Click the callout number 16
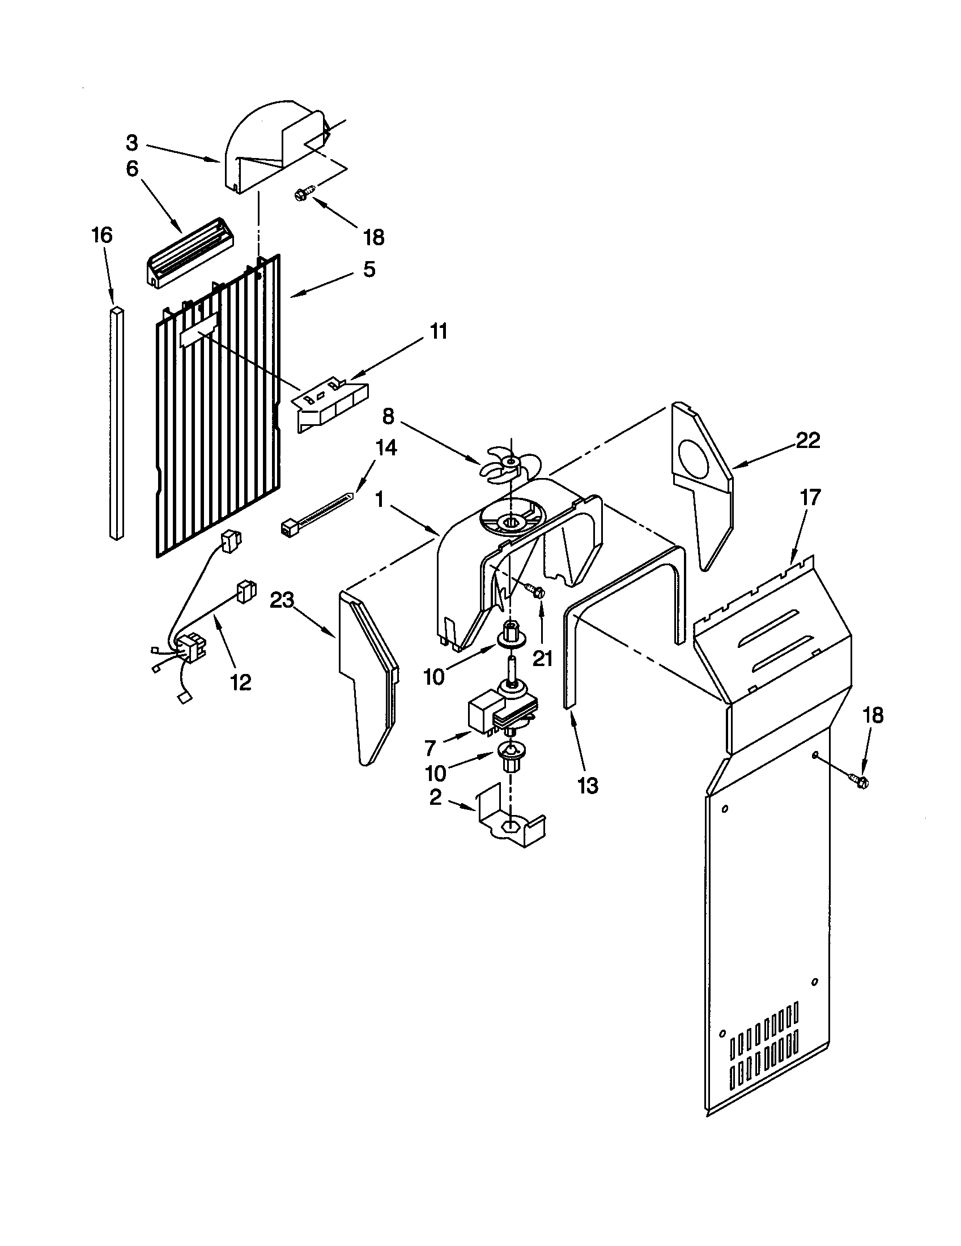pyautogui.click(x=103, y=235)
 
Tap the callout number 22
pyautogui.click(x=807, y=441)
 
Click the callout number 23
pyautogui.click(x=282, y=600)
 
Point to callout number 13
pyautogui.click(x=588, y=786)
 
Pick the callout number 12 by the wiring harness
pyautogui.click(x=240, y=682)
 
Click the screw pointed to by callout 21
pyautogui.click(x=535, y=591)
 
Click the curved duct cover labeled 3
pyautogui.click(x=268, y=146)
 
